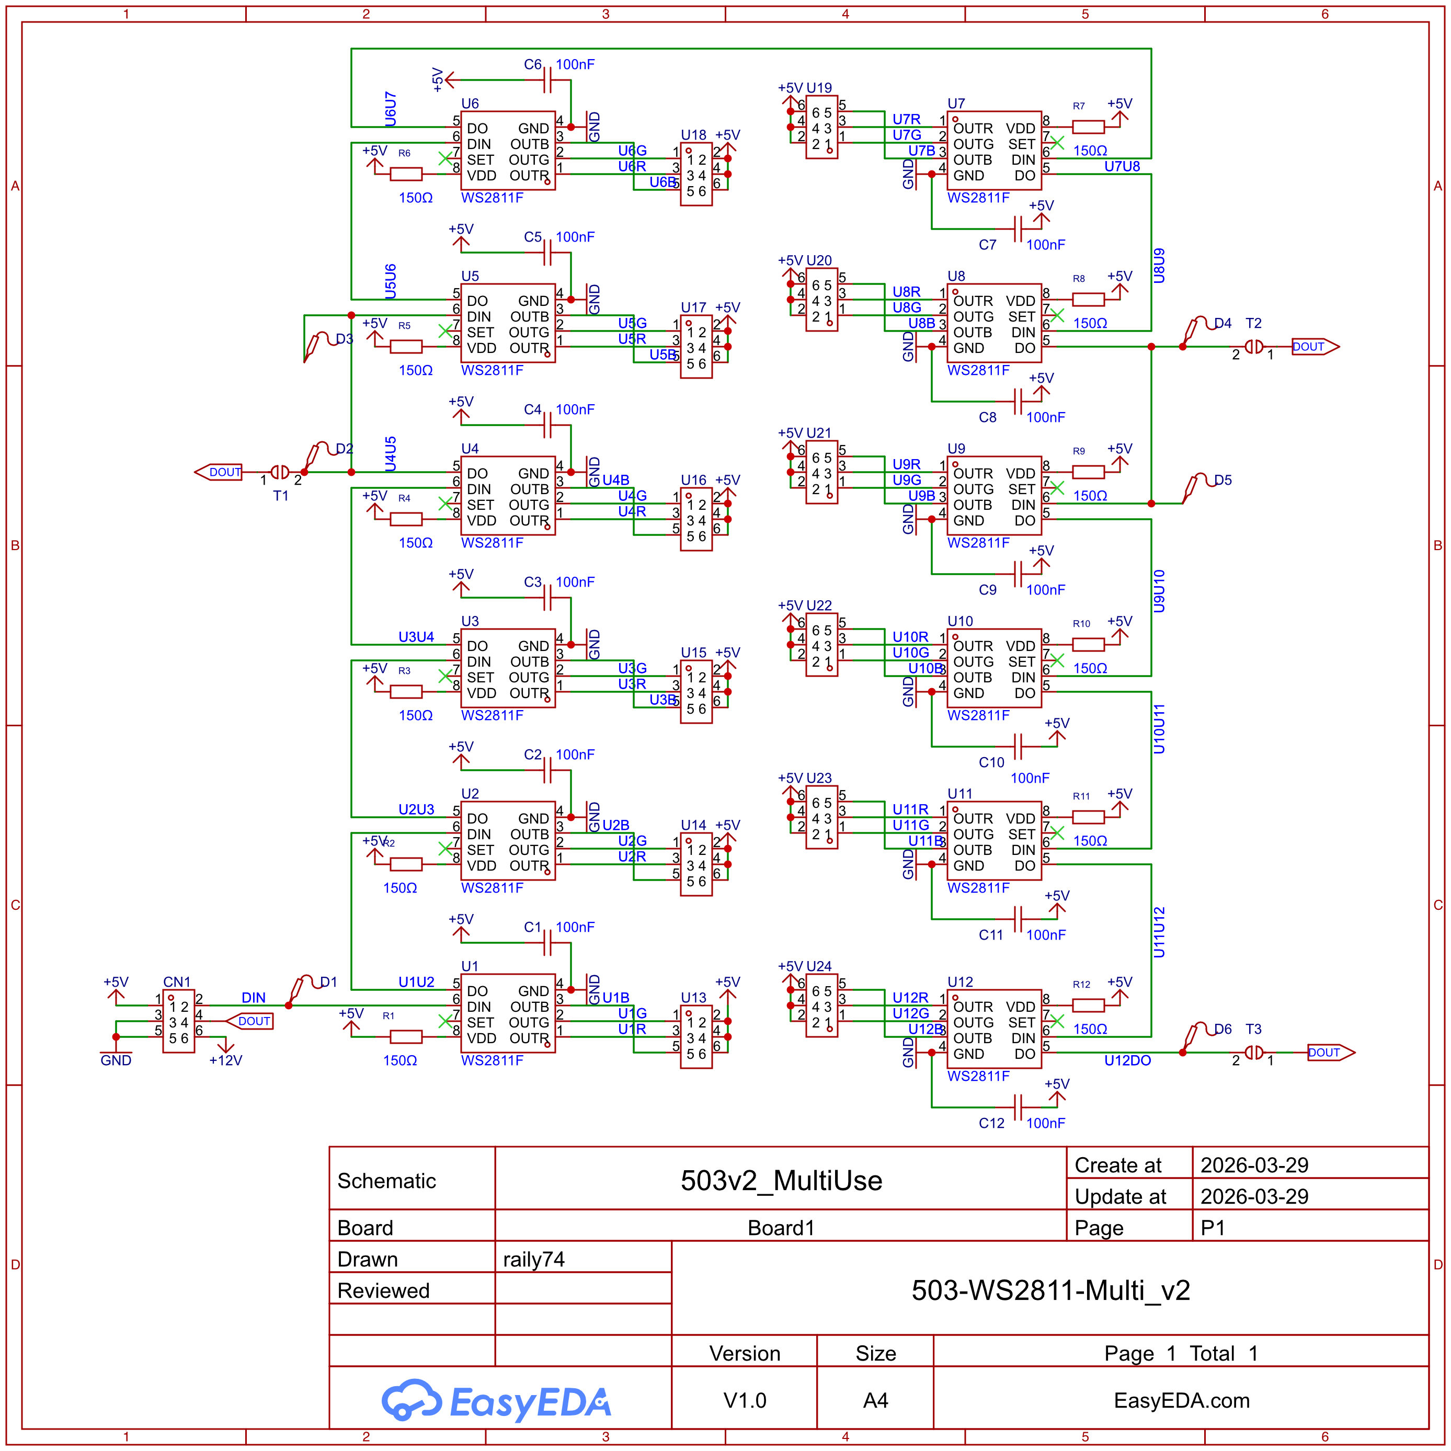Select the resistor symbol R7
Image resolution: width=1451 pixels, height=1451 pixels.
pyautogui.click(x=1088, y=127)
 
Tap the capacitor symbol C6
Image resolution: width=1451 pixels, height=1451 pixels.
pyautogui.click(x=547, y=79)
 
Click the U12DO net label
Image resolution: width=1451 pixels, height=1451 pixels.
pyautogui.click(x=1127, y=1060)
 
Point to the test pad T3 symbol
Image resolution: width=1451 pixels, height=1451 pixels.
pyautogui.click(x=1253, y=1052)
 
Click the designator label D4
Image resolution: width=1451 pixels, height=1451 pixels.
pyautogui.click(x=1223, y=323)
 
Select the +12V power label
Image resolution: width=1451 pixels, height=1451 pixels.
pyautogui.click(x=225, y=1060)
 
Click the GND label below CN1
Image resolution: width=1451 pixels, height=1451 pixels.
pyautogui.click(x=116, y=1060)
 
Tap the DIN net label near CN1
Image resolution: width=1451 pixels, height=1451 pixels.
pyautogui.click(x=253, y=997)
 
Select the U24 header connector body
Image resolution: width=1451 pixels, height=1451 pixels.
pyautogui.click(x=821, y=1007)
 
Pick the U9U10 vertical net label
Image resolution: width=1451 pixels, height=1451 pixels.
pyautogui.click(x=1159, y=590)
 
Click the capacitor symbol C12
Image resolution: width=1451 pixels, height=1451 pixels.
pyautogui.click(x=1018, y=1107)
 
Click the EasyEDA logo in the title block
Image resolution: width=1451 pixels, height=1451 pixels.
pyautogui.click(x=496, y=1401)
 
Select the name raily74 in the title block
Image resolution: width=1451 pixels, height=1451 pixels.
pyautogui.click(x=533, y=1260)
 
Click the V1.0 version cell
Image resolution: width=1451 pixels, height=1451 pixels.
pyautogui.click(x=744, y=1401)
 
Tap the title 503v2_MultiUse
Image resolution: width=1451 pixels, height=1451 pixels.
pyautogui.click(x=781, y=1181)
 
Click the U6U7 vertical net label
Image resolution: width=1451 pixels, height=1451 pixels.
pyautogui.click(x=390, y=108)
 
